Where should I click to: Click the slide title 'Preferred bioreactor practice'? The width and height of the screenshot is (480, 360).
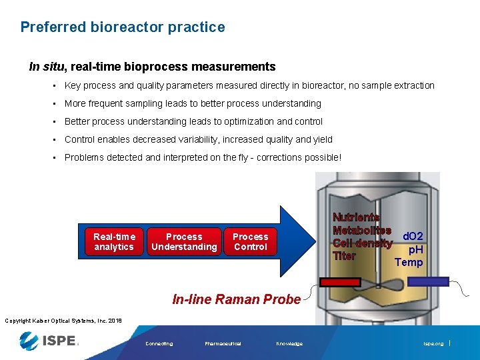point(123,27)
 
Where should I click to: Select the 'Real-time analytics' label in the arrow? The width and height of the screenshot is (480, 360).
point(114,241)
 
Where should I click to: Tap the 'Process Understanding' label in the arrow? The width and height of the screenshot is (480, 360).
point(184,241)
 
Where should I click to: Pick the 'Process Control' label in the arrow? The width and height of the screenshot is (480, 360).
point(250,241)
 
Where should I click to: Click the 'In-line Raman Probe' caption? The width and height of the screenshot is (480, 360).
point(236,299)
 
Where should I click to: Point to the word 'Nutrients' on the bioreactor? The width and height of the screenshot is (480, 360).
point(356,217)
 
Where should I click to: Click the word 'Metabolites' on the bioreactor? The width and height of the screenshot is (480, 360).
point(361,230)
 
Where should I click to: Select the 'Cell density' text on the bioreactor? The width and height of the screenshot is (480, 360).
point(362,243)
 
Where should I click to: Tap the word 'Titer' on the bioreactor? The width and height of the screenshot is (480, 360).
point(344,256)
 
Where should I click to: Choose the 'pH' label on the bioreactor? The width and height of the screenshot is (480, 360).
point(415,249)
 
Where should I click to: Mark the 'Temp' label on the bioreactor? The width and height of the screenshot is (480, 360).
point(409,262)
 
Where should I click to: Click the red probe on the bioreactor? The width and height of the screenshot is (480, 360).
point(339,282)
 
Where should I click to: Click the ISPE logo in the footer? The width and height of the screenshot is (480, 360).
point(49,341)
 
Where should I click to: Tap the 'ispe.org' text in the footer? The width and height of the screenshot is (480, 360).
point(433,344)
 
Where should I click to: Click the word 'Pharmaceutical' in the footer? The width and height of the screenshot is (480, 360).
point(223,344)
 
